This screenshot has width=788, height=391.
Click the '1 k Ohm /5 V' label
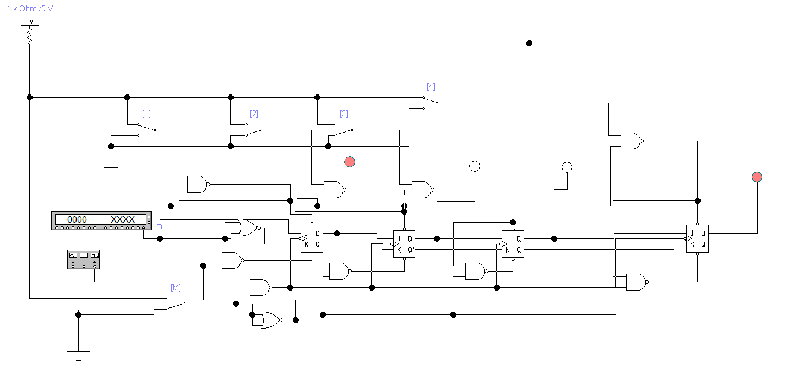(x=30, y=9)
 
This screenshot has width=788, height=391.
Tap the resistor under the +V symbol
(x=29, y=35)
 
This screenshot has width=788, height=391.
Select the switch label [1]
(x=147, y=114)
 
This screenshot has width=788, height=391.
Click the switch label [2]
(x=254, y=114)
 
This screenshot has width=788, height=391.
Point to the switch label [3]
(x=344, y=114)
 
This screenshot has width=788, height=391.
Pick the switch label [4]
(x=431, y=87)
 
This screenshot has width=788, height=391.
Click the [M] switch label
(x=175, y=288)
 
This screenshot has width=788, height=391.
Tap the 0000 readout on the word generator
(x=77, y=219)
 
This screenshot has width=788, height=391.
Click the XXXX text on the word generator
(x=123, y=219)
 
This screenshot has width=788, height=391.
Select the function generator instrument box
(x=83, y=259)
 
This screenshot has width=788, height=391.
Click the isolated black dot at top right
(x=529, y=43)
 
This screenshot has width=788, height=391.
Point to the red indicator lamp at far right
(x=757, y=176)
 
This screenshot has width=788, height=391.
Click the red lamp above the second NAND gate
(x=350, y=161)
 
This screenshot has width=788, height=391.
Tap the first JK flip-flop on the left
(x=312, y=239)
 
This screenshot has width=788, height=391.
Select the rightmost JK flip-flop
(x=697, y=239)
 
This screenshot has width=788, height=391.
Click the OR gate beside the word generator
(x=247, y=229)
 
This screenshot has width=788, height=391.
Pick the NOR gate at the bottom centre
(x=270, y=320)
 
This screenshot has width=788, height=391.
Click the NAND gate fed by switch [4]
(x=631, y=141)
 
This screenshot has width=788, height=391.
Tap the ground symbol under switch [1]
(x=111, y=165)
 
